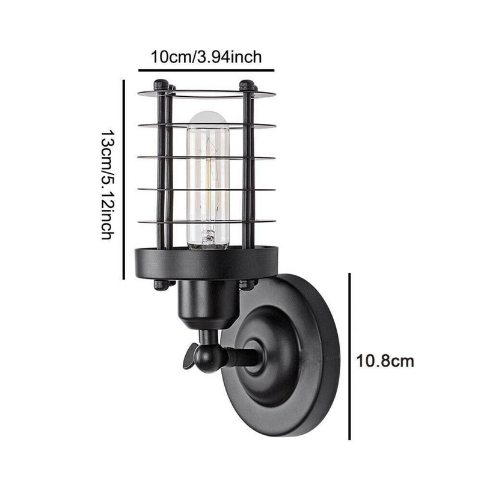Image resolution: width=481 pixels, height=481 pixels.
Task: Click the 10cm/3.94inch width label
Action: coord(206,58)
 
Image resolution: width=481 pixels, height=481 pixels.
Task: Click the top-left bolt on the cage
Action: coord(161,85)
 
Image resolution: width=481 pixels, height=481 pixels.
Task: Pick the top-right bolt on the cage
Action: coord(247,85)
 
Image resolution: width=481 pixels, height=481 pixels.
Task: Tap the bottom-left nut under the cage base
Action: coord(161,284)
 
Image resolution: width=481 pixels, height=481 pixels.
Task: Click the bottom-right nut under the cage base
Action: coord(247,284)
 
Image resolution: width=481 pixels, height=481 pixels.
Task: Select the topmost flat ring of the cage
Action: coord(206,94)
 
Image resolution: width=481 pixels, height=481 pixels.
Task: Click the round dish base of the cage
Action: coord(206,265)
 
